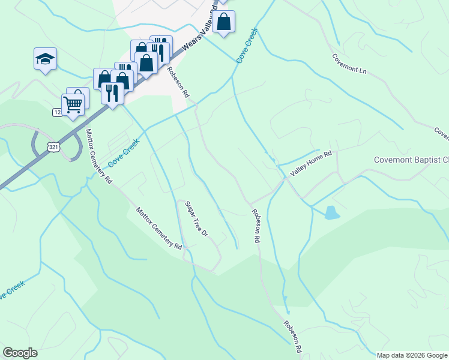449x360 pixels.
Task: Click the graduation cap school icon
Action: point(45,59)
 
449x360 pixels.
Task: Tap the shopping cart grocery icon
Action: point(73,104)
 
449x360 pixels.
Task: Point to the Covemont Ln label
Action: point(349,63)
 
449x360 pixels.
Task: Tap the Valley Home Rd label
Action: point(311,163)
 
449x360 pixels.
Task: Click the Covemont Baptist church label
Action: point(411,160)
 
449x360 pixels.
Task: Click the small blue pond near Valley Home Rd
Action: point(331,213)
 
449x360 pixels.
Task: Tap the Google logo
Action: point(20,353)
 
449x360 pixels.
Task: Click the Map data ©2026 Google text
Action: point(412,355)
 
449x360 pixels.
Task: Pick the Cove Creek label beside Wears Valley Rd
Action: point(247,44)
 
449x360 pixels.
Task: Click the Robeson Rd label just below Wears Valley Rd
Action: point(178,82)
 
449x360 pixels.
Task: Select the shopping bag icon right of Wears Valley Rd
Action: point(224,22)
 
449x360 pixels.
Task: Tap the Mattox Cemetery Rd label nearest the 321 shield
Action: point(98,155)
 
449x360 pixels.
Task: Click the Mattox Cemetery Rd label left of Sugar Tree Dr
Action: point(158,229)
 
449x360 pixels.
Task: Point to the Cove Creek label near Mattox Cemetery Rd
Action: point(123,154)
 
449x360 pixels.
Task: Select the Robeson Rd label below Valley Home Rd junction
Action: point(256,226)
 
